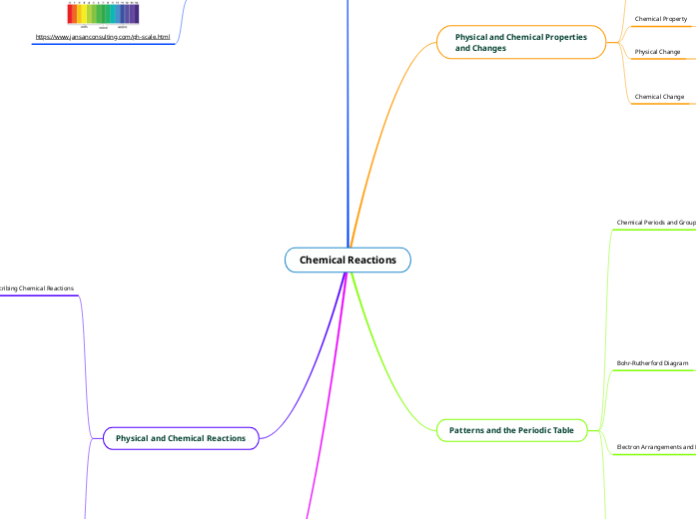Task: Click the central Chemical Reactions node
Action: pos(348,260)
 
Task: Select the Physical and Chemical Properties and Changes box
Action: pos(521,42)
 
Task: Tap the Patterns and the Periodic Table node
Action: pos(518,430)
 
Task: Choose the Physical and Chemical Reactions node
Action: pos(181,438)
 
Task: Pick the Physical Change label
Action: pos(657,51)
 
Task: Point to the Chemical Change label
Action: pos(659,97)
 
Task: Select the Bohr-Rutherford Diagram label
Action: pos(653,363)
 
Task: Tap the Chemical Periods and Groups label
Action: pos(656,223)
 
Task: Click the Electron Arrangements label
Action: pos(656,447)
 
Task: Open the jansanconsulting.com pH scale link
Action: pos(103,37)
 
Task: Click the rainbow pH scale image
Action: pos(103,13)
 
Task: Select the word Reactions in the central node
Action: pos(371,260)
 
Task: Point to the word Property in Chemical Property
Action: pos(674,18)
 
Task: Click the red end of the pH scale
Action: pos(70,13)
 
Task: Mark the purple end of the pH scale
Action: pos(136,13)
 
